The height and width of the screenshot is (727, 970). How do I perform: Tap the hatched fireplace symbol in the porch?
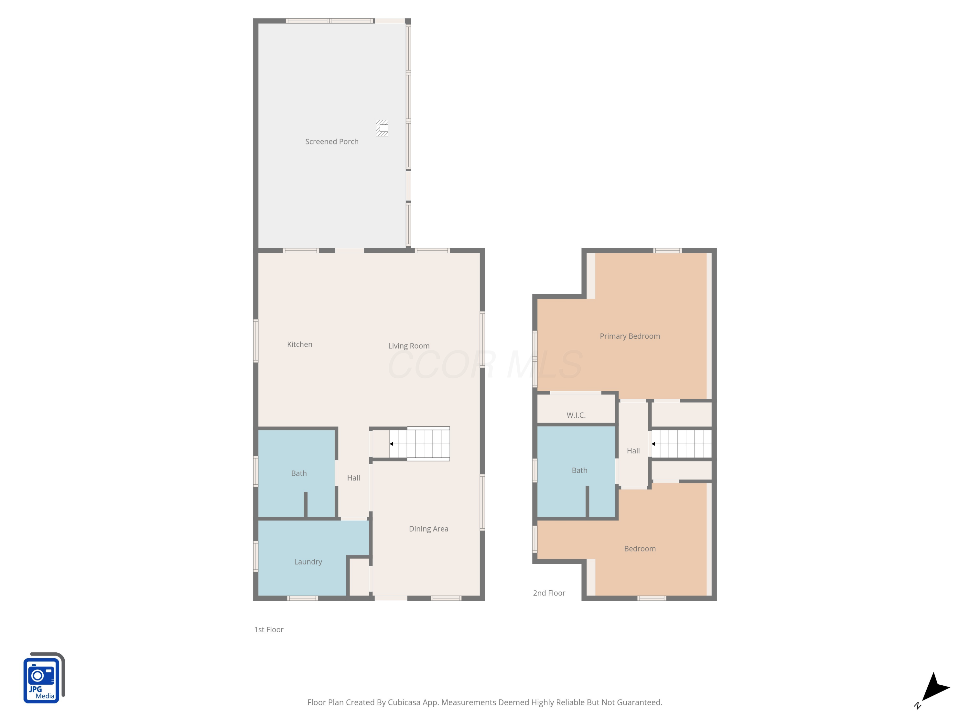pyautogui.click(x=382, y=128)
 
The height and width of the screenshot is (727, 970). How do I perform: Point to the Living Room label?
pyautogui.click(x=409, y=346)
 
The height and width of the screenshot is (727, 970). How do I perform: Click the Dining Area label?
pyautogui.click(x=428, y=529)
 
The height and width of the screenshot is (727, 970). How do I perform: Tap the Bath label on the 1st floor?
pyautogui.click(x=299, y=473)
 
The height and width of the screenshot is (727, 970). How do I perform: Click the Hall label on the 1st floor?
pyautogui.click(x=353, y=478)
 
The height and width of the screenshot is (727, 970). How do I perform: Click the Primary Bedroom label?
pyautogui.click(x=630, y=336)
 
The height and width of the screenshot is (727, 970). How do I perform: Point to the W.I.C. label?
pyautogui.click(x=576, y=415)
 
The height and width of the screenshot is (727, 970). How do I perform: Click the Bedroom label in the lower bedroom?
pyautogui.click(x=640, y=549)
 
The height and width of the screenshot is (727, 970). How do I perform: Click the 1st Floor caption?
pyautogui.click(x=269, y=629)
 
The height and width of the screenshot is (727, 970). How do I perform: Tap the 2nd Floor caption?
pyautogui.click(x=549, y=593)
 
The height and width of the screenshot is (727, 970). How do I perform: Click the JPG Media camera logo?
pyautogui.click(x=43, y=678)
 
